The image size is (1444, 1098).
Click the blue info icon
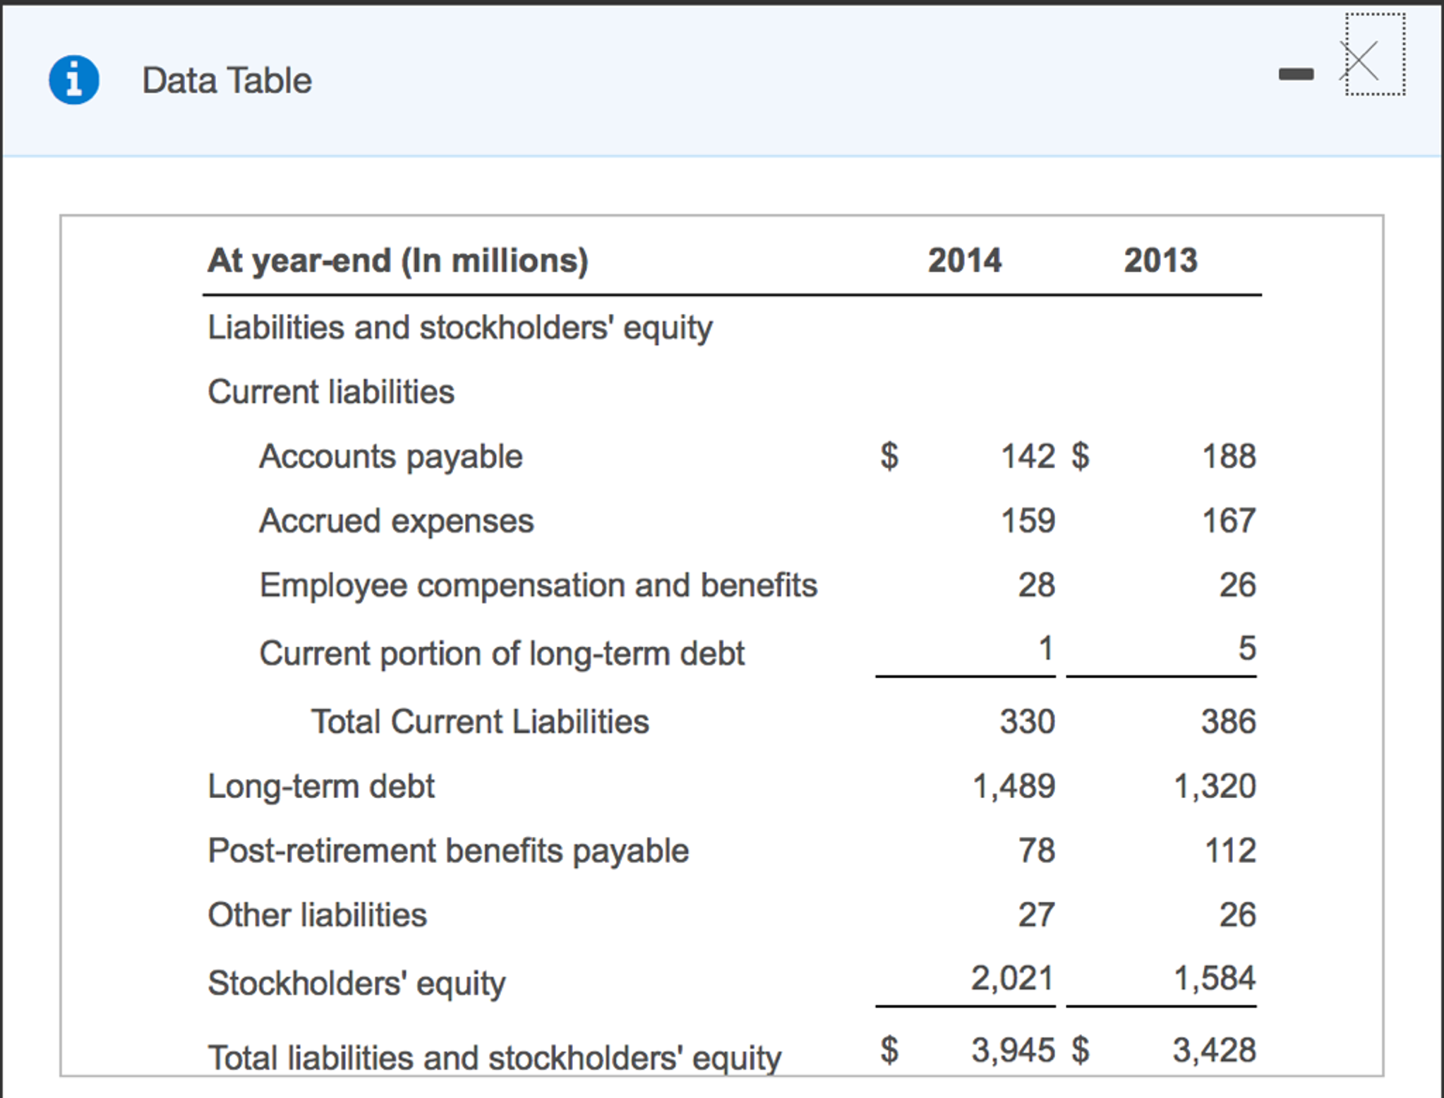coord(73,80)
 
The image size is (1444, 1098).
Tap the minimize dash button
coord(1296,73)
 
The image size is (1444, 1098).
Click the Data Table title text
coord(227,80)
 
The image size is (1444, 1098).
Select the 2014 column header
coord(964,260)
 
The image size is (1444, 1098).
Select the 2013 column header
coord(1160,260)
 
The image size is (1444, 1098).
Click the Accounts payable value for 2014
coord(1028,456)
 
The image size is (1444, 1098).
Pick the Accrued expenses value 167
coord(1228,521)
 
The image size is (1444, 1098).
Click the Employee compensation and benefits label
coord(538,585)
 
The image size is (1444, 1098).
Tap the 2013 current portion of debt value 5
coord(1246,648)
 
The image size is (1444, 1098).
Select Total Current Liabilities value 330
coord(1027,721)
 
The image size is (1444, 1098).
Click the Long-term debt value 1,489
coord(1013,786)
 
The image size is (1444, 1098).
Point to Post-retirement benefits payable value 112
coord(1229,850)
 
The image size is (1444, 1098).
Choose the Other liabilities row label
coord(317,915)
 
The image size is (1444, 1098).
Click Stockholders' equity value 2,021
coord(1011,978)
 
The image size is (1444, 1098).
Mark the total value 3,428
coord(1214,1050)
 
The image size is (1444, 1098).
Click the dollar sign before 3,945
coord(889,1050)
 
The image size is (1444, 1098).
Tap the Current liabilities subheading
coord(331,392)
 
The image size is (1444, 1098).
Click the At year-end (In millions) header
coord(397,260)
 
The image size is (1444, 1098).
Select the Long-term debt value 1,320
coord(1214,786)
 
